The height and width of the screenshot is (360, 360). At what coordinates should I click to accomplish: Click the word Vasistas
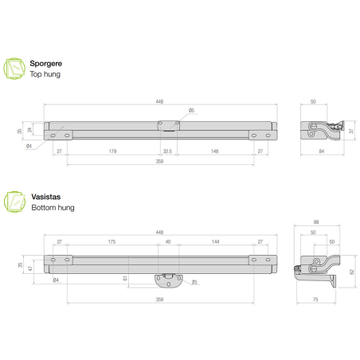(x=44, y=196)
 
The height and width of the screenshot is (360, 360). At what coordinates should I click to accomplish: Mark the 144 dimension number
(x=215, y=241)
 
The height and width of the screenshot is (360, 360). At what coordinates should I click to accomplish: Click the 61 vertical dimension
(x=126, y=278)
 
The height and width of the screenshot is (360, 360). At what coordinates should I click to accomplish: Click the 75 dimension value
(x=317, y=299)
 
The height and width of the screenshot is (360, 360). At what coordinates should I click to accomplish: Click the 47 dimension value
(x=30, y=268)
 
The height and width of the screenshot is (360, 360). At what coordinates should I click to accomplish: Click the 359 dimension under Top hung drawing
(x=159, y=162)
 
